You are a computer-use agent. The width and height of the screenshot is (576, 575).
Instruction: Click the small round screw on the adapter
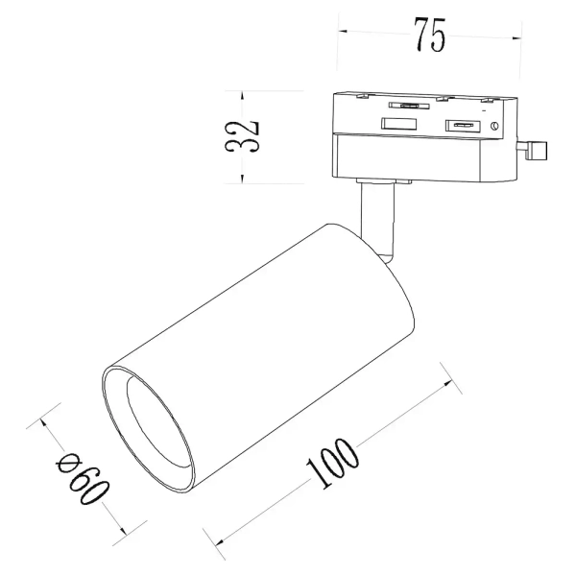coord(493,126)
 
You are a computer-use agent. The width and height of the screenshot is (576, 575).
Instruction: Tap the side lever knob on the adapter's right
coord(536,149)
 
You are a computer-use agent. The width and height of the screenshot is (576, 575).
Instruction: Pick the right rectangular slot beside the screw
coord(461,125)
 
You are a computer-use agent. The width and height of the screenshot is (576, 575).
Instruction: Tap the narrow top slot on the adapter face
coord(408,106)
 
